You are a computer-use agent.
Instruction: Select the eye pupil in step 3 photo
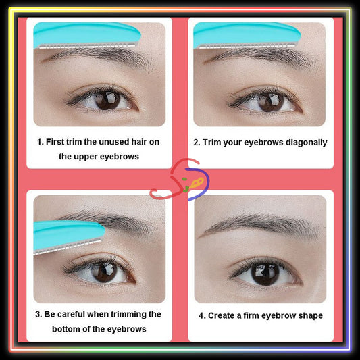pyautogui.click(x=103, y=271)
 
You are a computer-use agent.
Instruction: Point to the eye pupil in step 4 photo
pyautogui.click(x=265, y=272)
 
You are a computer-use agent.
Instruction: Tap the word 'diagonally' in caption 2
pyautogui.click(x=303, y=143)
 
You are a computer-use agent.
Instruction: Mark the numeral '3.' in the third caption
pyautogui.click(x=40, y=315)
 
